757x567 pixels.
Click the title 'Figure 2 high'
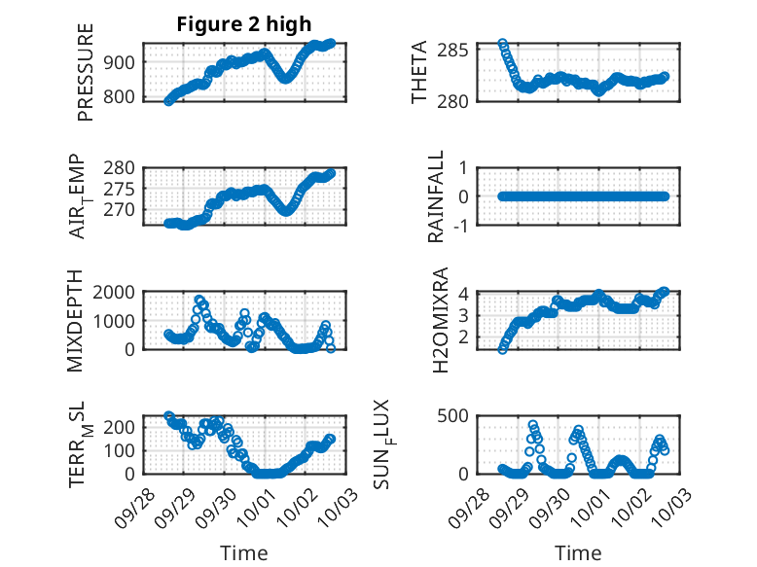pos(244,25)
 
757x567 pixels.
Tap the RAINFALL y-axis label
pos(437,196)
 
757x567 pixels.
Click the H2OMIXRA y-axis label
pos(440,321)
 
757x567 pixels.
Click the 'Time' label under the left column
pos(244,553)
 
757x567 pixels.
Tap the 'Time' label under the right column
pos(578,553)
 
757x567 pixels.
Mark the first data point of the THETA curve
pos(503,44)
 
